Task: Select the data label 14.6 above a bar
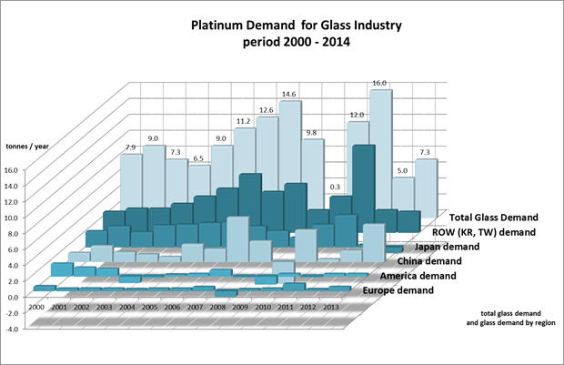(289, 94)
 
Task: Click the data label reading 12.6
(266, 110)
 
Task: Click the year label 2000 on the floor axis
(36, 309)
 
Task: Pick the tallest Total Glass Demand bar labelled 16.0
(380, 137)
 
